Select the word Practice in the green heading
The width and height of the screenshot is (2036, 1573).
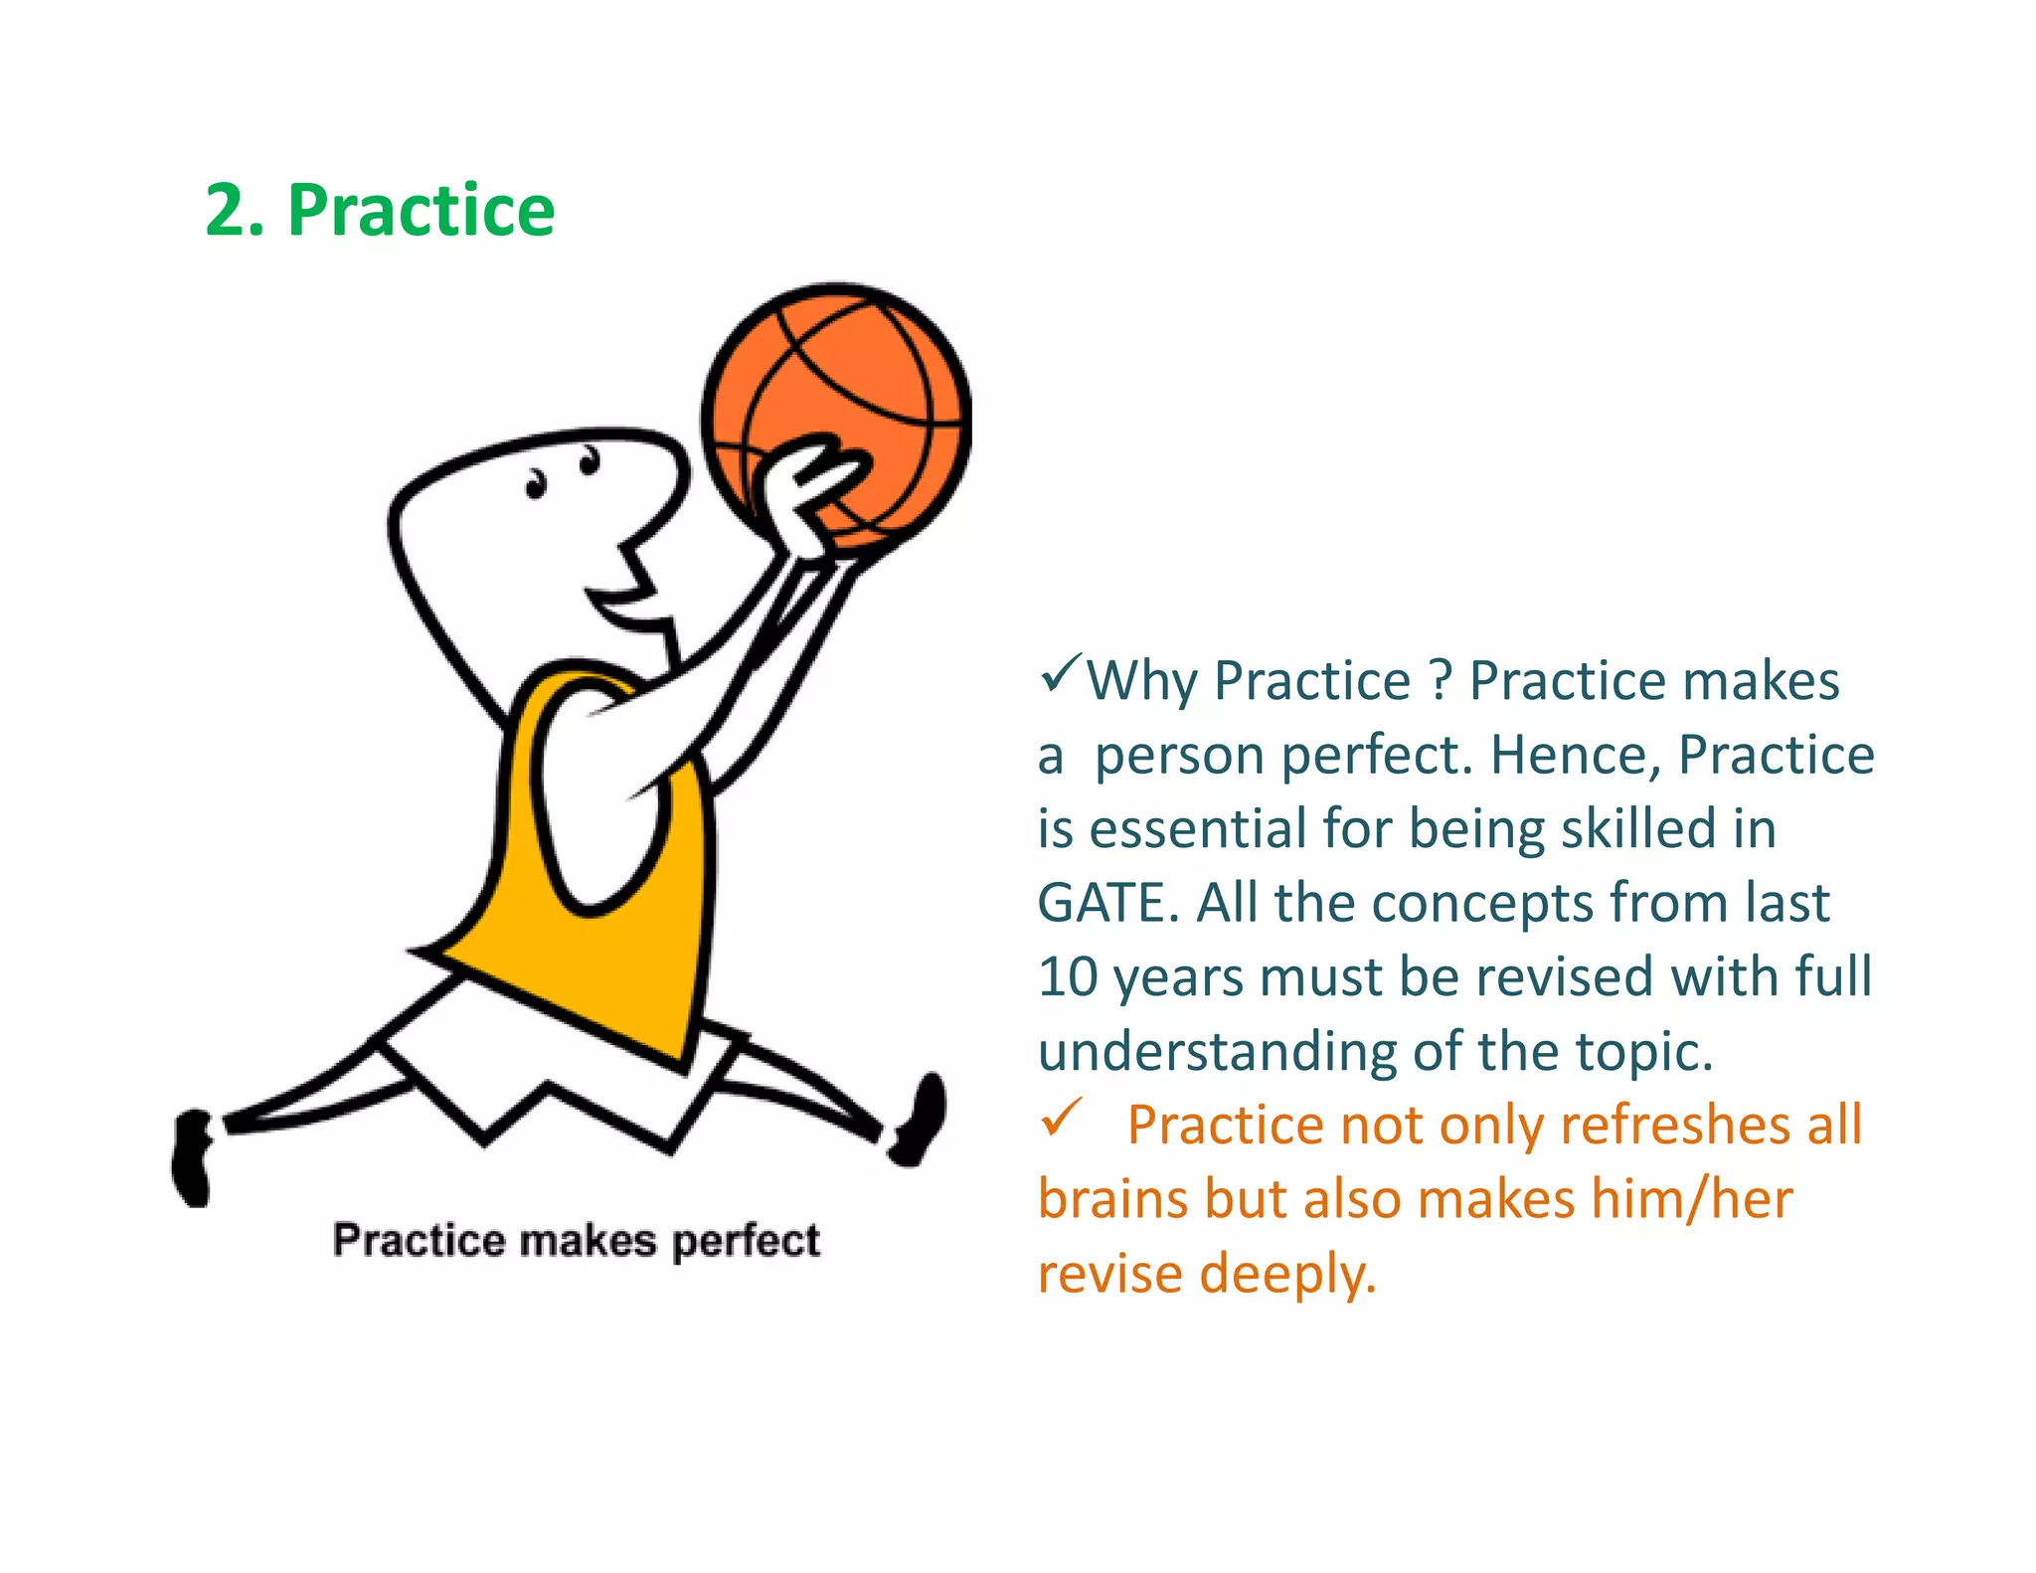(421, 211)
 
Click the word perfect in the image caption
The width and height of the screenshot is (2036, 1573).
(746, 1241)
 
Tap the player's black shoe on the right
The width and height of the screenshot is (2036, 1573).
(920, 1119)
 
